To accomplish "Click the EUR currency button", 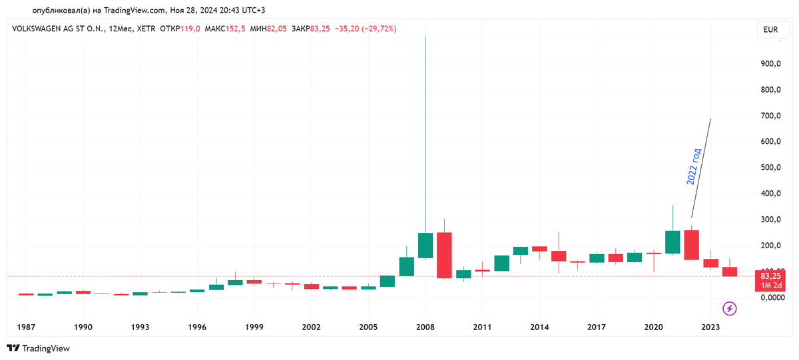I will tap(771, 29).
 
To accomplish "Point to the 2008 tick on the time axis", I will tap(425, 327).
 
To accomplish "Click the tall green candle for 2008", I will tap(425, 245).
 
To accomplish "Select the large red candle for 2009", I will tap(444, 255).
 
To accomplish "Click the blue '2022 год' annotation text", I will tap(694, 166).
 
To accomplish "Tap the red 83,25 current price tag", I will tap(770, 280).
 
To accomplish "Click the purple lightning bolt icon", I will tap(730, 308).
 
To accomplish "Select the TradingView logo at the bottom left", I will tap(38, 348).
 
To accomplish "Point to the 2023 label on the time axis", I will tap(710, 327).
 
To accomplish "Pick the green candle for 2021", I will tap(672, 242).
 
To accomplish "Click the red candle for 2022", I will tap(691, 245).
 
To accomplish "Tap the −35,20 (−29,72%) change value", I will tap(365, 29).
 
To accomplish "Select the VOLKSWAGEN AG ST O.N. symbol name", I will tap(55, 29).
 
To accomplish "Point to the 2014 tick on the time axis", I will tap(539, 327).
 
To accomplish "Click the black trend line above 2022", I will tap(701, 168).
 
